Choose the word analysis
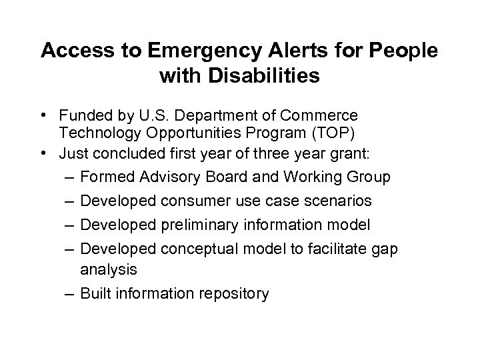108,269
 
